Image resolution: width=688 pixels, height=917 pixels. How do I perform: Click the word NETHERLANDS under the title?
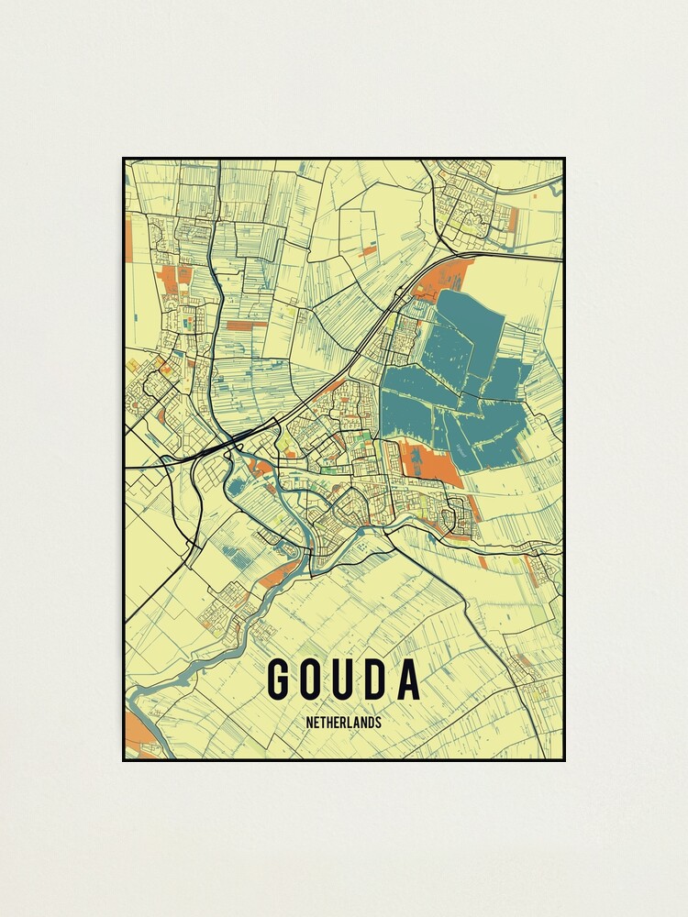(x=344, y=723)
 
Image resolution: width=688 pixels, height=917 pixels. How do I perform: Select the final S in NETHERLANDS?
(x=377, y=723)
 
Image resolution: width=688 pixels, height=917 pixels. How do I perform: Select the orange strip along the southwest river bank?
(x=278, y=576)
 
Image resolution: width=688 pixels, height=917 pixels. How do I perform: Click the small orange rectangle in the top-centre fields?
(x=368, y=249)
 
